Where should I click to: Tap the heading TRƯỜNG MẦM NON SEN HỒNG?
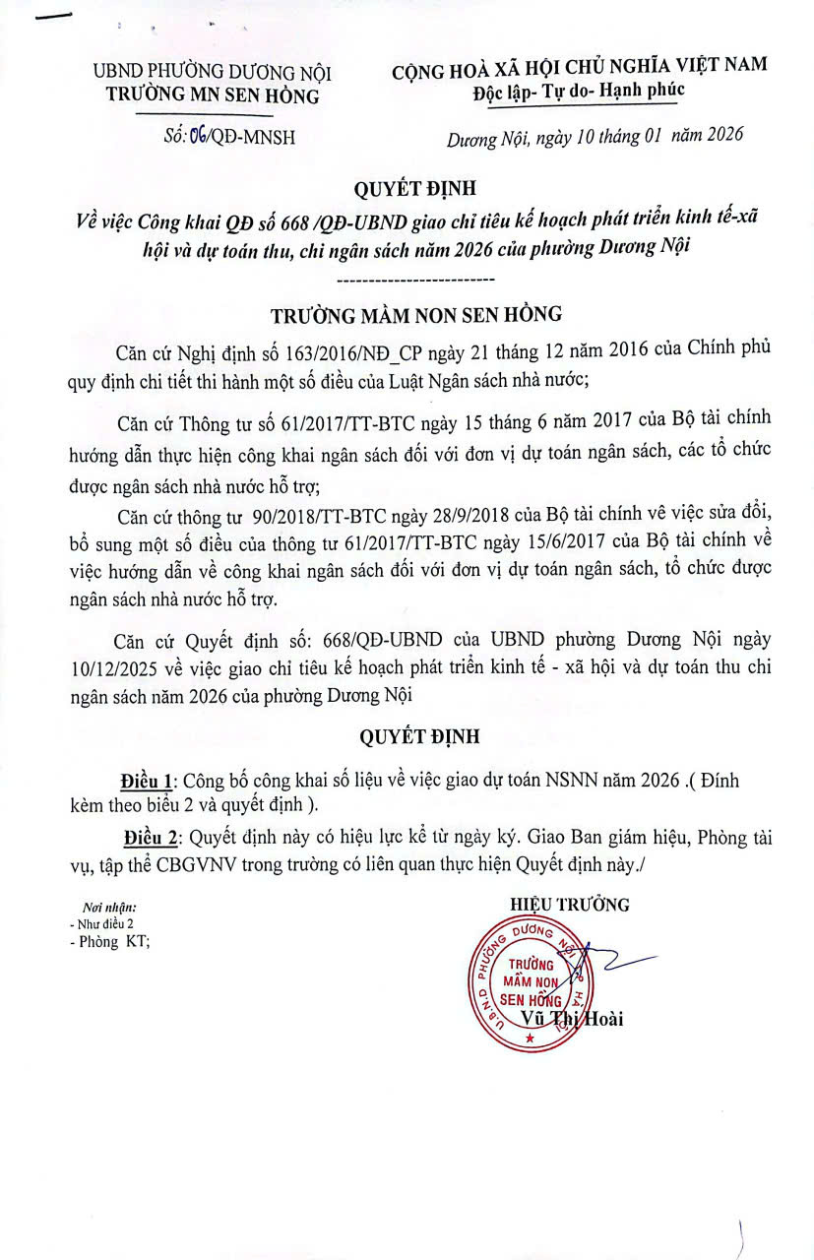416,315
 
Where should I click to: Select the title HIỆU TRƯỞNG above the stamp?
570,905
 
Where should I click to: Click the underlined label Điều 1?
147,781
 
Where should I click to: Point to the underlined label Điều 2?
153,840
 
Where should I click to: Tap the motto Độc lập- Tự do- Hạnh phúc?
578,90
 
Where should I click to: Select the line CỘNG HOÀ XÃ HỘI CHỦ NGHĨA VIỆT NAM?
579,67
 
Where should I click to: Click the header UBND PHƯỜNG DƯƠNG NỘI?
212,72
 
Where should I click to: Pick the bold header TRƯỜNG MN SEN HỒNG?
213,95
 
